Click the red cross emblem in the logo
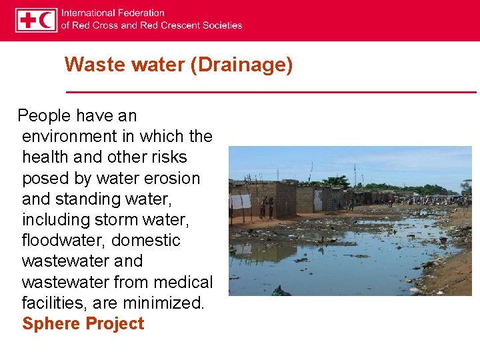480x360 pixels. click(27, 20)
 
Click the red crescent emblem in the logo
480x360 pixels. click(47, 20)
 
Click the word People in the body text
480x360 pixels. click(44, 115)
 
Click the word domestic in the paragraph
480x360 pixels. click(146, 240)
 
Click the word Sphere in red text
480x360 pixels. click(50, 324)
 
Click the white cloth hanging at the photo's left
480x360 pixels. click(241, 201)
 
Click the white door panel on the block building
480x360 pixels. click(317, 201)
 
